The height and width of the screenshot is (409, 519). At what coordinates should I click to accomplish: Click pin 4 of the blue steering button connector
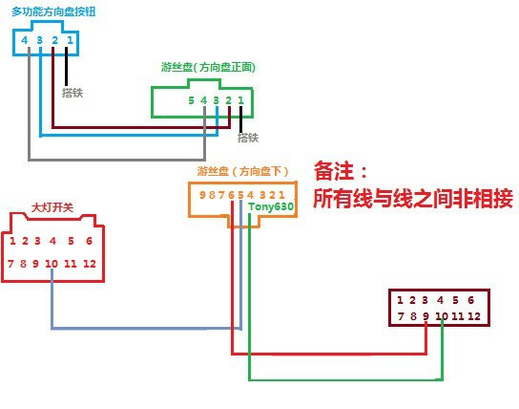[25, 40]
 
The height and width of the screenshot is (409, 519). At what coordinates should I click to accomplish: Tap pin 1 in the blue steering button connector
[70, 40]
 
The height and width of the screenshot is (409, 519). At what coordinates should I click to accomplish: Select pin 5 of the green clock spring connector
[191, 100]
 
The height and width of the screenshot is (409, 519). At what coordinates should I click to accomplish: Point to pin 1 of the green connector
[241, 100]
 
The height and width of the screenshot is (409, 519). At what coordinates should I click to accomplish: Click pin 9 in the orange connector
[202, 195]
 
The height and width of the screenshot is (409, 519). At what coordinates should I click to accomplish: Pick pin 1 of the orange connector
[281, 195]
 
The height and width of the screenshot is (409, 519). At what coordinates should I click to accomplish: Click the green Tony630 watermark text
[271, 206]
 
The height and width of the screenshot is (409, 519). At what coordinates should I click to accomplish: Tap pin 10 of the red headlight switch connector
[52, 264]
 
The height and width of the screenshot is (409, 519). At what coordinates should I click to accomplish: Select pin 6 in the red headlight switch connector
[89, 241]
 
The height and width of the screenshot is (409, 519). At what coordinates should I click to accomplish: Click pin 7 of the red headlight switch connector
[10, 264]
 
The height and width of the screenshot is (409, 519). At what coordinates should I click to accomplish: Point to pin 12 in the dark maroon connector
[474, 316]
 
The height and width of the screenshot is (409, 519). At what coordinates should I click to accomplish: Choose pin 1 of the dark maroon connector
[400, 300]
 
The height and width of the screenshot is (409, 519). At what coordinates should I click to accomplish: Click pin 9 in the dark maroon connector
[426, 316]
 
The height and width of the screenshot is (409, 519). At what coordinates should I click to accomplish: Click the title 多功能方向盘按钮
[53, 11]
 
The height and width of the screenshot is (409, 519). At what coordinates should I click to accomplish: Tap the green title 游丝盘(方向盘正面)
[208, 67]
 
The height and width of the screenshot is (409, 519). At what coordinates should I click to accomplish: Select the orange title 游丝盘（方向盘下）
[242, 171]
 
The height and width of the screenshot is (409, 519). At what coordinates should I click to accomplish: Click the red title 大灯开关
[52, 207]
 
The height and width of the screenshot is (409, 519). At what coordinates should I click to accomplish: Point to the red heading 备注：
[341, 171]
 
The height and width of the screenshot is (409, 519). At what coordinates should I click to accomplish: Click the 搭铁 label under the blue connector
[73, 93]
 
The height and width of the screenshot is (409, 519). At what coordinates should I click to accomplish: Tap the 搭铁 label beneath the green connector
[248, 138]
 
